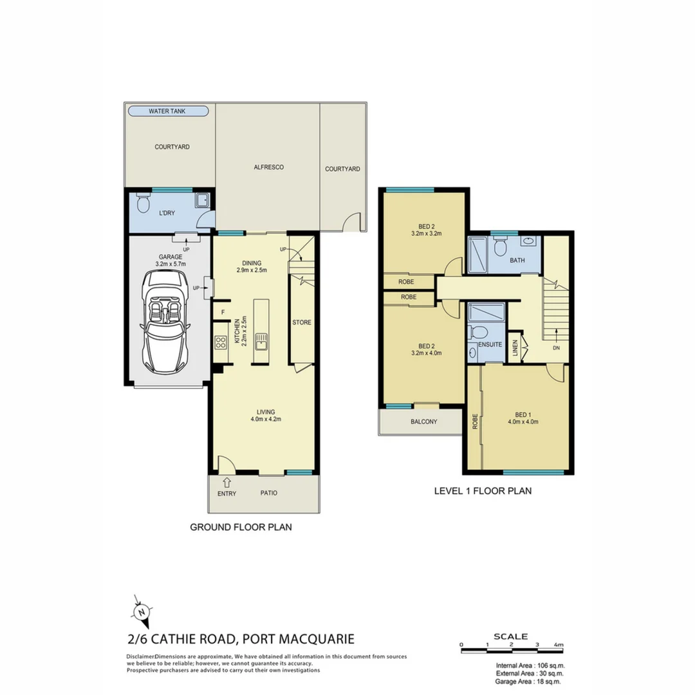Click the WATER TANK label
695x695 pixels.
pyautogui.click(x=167, y=111)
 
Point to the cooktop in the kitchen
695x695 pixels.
pyautogui.click(x=221, y=342)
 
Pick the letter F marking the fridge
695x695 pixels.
pyautogui.click(x=223, y=313)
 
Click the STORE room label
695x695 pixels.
pyautogui.click(x=302, y=322)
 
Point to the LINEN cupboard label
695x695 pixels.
pyautogui.click(x=515, y=347)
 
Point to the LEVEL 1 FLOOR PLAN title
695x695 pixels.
pyautogui.click(x=483, y=491)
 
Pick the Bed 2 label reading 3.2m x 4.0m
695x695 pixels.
pyautogui.click(x=424, y=353)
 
